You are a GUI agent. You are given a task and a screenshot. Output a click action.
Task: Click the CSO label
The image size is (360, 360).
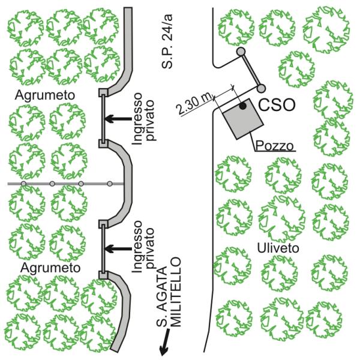(x=277, y=104)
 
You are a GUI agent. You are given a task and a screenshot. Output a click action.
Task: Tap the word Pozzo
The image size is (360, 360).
(x=275, y=145)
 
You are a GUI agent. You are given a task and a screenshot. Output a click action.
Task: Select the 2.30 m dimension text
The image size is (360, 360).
(x=194, y=103)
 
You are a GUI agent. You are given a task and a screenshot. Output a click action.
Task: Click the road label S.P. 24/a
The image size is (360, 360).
(x=167, y=41)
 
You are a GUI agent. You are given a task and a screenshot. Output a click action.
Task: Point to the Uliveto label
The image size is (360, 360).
(x=278, y=248)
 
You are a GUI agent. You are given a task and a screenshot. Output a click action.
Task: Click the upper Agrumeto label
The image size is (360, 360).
(x=45, y=95)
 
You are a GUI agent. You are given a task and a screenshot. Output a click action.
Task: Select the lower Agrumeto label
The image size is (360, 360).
(x=50, y=268)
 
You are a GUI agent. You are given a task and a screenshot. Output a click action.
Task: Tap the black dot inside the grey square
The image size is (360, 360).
(x=242, y=106)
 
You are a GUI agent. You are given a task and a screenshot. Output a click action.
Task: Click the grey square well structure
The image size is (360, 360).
(x=243, y=119)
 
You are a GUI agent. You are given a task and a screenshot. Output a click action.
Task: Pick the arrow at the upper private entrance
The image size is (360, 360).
(x=118, y=119)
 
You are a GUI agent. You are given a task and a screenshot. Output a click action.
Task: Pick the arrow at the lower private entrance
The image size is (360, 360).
(x=118, y=249)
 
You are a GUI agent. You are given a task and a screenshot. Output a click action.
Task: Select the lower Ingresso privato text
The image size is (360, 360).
(x=143, y=247)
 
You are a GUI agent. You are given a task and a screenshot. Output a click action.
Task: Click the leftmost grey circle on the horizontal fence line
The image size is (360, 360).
(x=23, y=184)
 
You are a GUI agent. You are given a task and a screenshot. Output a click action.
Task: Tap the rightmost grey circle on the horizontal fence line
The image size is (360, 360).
(x=110, y=184)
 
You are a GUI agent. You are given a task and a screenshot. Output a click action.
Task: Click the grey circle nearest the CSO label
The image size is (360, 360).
(x=261, y=88)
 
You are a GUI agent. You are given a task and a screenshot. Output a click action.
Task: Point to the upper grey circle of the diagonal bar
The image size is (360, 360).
(x=241, y=52)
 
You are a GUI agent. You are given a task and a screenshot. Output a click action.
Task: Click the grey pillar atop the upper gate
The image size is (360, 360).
(x=103, y=92)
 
